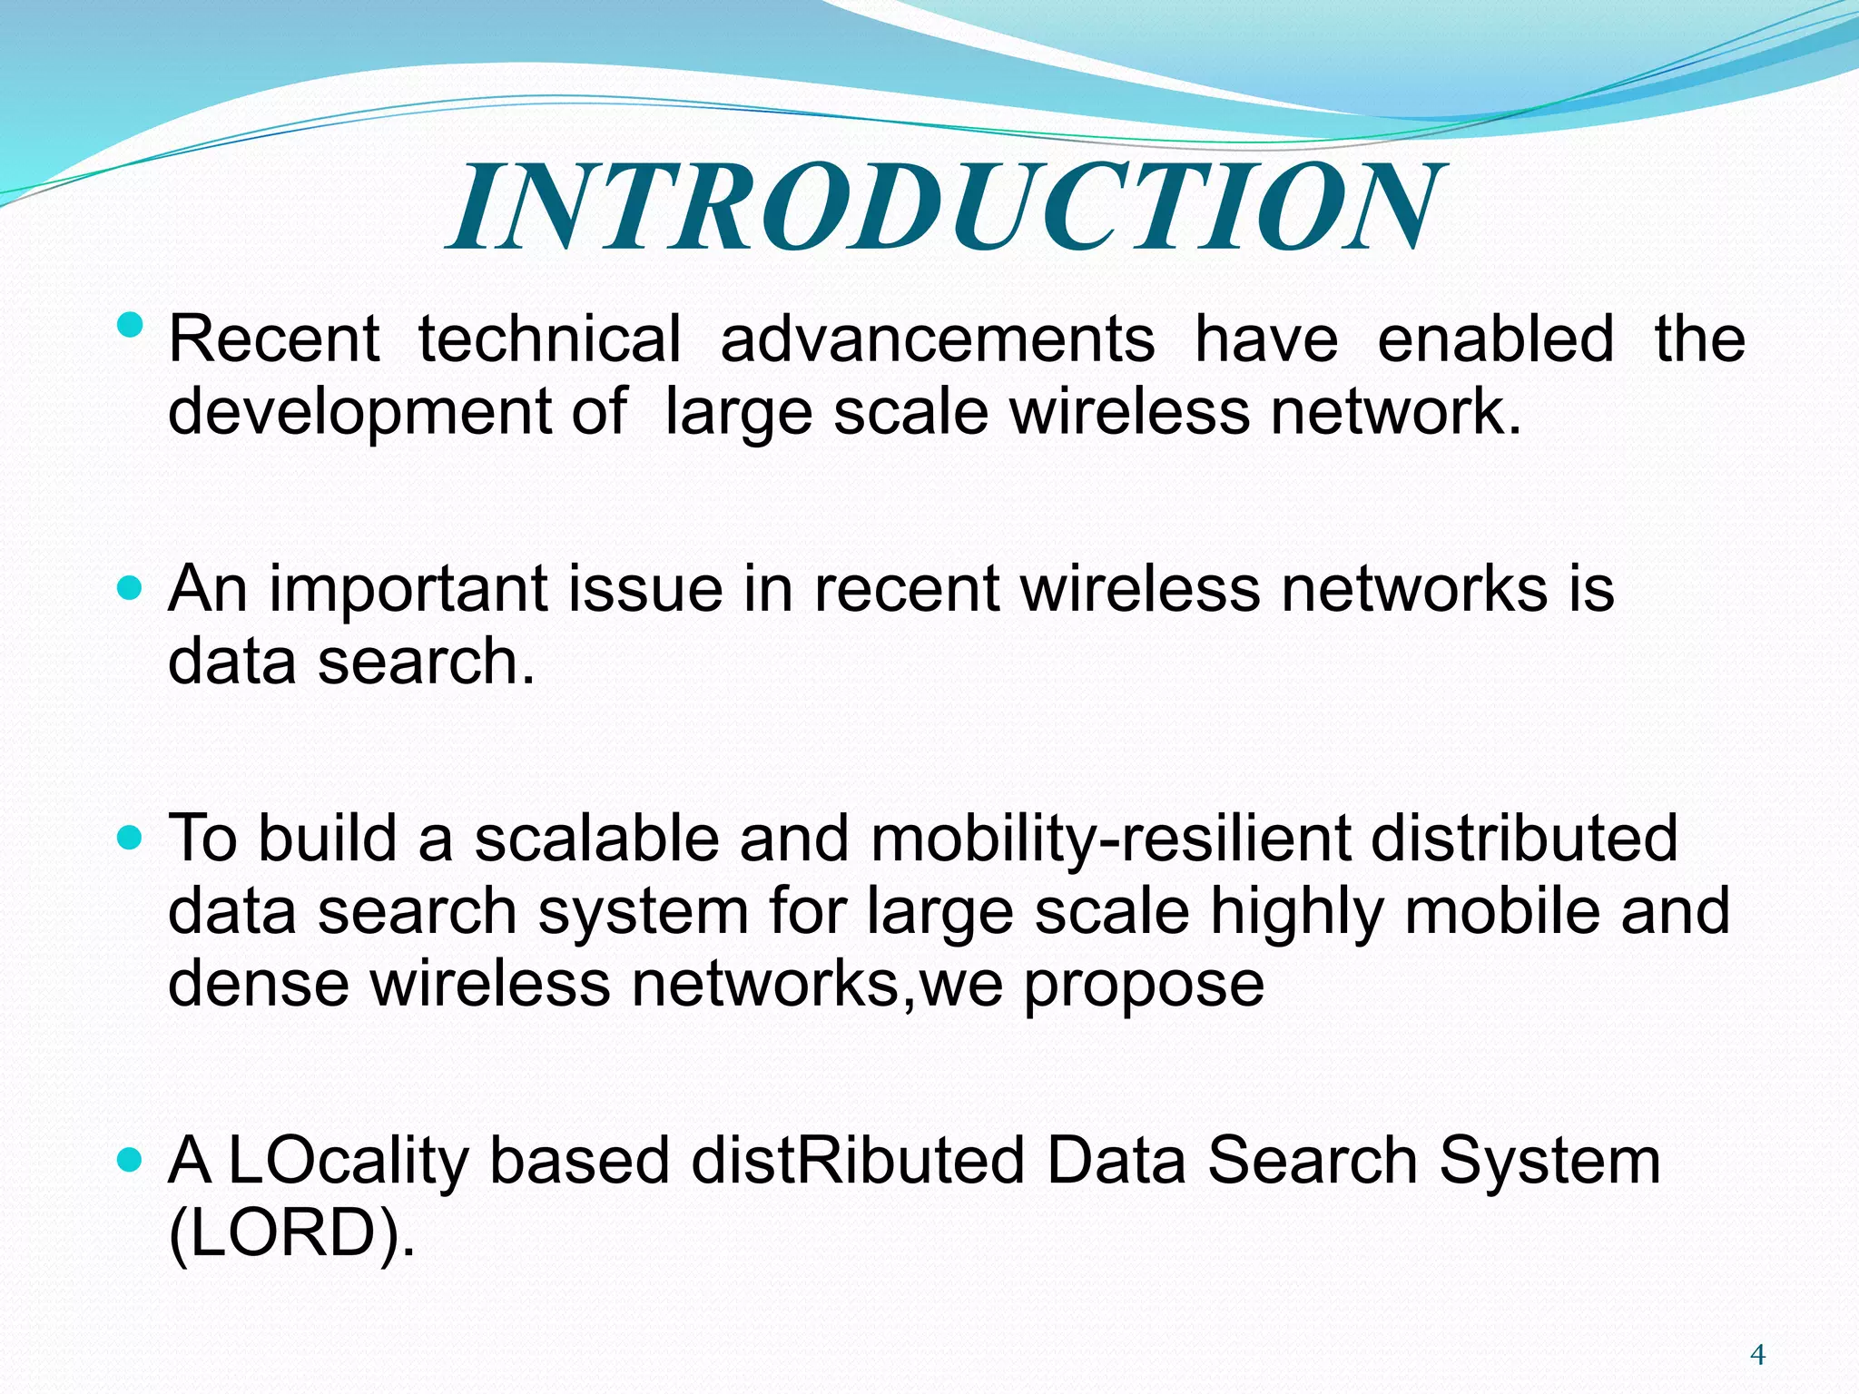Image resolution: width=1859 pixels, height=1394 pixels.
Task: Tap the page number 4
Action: click(x=1757, y=1355)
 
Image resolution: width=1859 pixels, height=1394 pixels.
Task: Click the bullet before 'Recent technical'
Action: click(x=131, y=324)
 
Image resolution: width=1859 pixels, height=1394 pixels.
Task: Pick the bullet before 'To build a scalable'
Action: click(x=131, y=838)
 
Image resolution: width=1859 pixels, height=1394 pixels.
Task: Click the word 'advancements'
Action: click(x=937, y=339)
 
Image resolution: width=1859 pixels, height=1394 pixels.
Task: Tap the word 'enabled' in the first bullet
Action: click(x=1495, y=339)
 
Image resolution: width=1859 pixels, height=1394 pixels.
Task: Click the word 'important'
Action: click(x=408, y=588)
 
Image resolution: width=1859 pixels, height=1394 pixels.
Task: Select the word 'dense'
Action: click(x=259, y=983)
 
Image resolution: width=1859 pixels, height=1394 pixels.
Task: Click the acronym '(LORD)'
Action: click(x=291, y=1234)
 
